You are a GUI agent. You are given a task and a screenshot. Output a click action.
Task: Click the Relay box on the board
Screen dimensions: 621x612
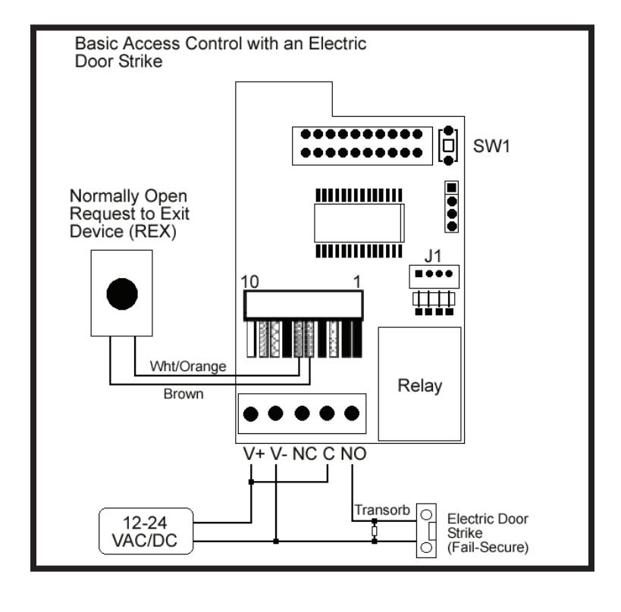coord(420,384)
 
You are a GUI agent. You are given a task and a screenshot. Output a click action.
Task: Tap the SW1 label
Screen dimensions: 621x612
coord(491,146)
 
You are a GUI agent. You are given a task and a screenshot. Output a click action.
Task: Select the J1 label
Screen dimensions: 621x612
coord(432,256)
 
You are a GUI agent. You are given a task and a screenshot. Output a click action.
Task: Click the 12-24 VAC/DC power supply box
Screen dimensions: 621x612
coord(146,531)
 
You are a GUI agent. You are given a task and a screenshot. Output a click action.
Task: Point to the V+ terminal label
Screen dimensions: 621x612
coord(254,454)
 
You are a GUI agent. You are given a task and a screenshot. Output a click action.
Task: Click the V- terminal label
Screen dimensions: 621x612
coord(279,454)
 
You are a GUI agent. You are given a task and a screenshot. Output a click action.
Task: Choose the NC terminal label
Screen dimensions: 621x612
coord(305,454)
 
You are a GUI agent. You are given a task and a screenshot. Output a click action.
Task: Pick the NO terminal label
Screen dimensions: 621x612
coord(353,454)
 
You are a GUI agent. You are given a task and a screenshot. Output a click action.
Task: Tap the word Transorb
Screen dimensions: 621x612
coord(382,510)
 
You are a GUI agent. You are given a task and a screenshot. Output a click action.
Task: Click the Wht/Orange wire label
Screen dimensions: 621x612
coord(188,367)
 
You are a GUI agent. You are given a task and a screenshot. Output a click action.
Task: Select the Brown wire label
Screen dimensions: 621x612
coord(183,394)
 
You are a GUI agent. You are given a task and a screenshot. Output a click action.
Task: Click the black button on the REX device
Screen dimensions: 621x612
coord(122,294)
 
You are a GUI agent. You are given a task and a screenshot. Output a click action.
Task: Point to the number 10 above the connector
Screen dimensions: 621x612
coord(250,282)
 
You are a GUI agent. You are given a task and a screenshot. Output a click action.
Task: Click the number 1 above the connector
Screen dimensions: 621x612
coord(357,282)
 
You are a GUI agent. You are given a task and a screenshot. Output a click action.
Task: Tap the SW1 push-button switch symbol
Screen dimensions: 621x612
coord(448,145)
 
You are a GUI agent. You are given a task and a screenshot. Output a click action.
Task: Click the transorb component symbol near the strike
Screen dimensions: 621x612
coord(375,531)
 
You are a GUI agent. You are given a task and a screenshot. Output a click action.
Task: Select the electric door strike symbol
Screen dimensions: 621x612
coord(427,530)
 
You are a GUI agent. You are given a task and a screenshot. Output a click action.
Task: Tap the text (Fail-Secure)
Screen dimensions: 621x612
coord(488,548)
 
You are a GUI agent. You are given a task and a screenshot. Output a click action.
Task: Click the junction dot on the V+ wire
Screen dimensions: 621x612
coord(251,482)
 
